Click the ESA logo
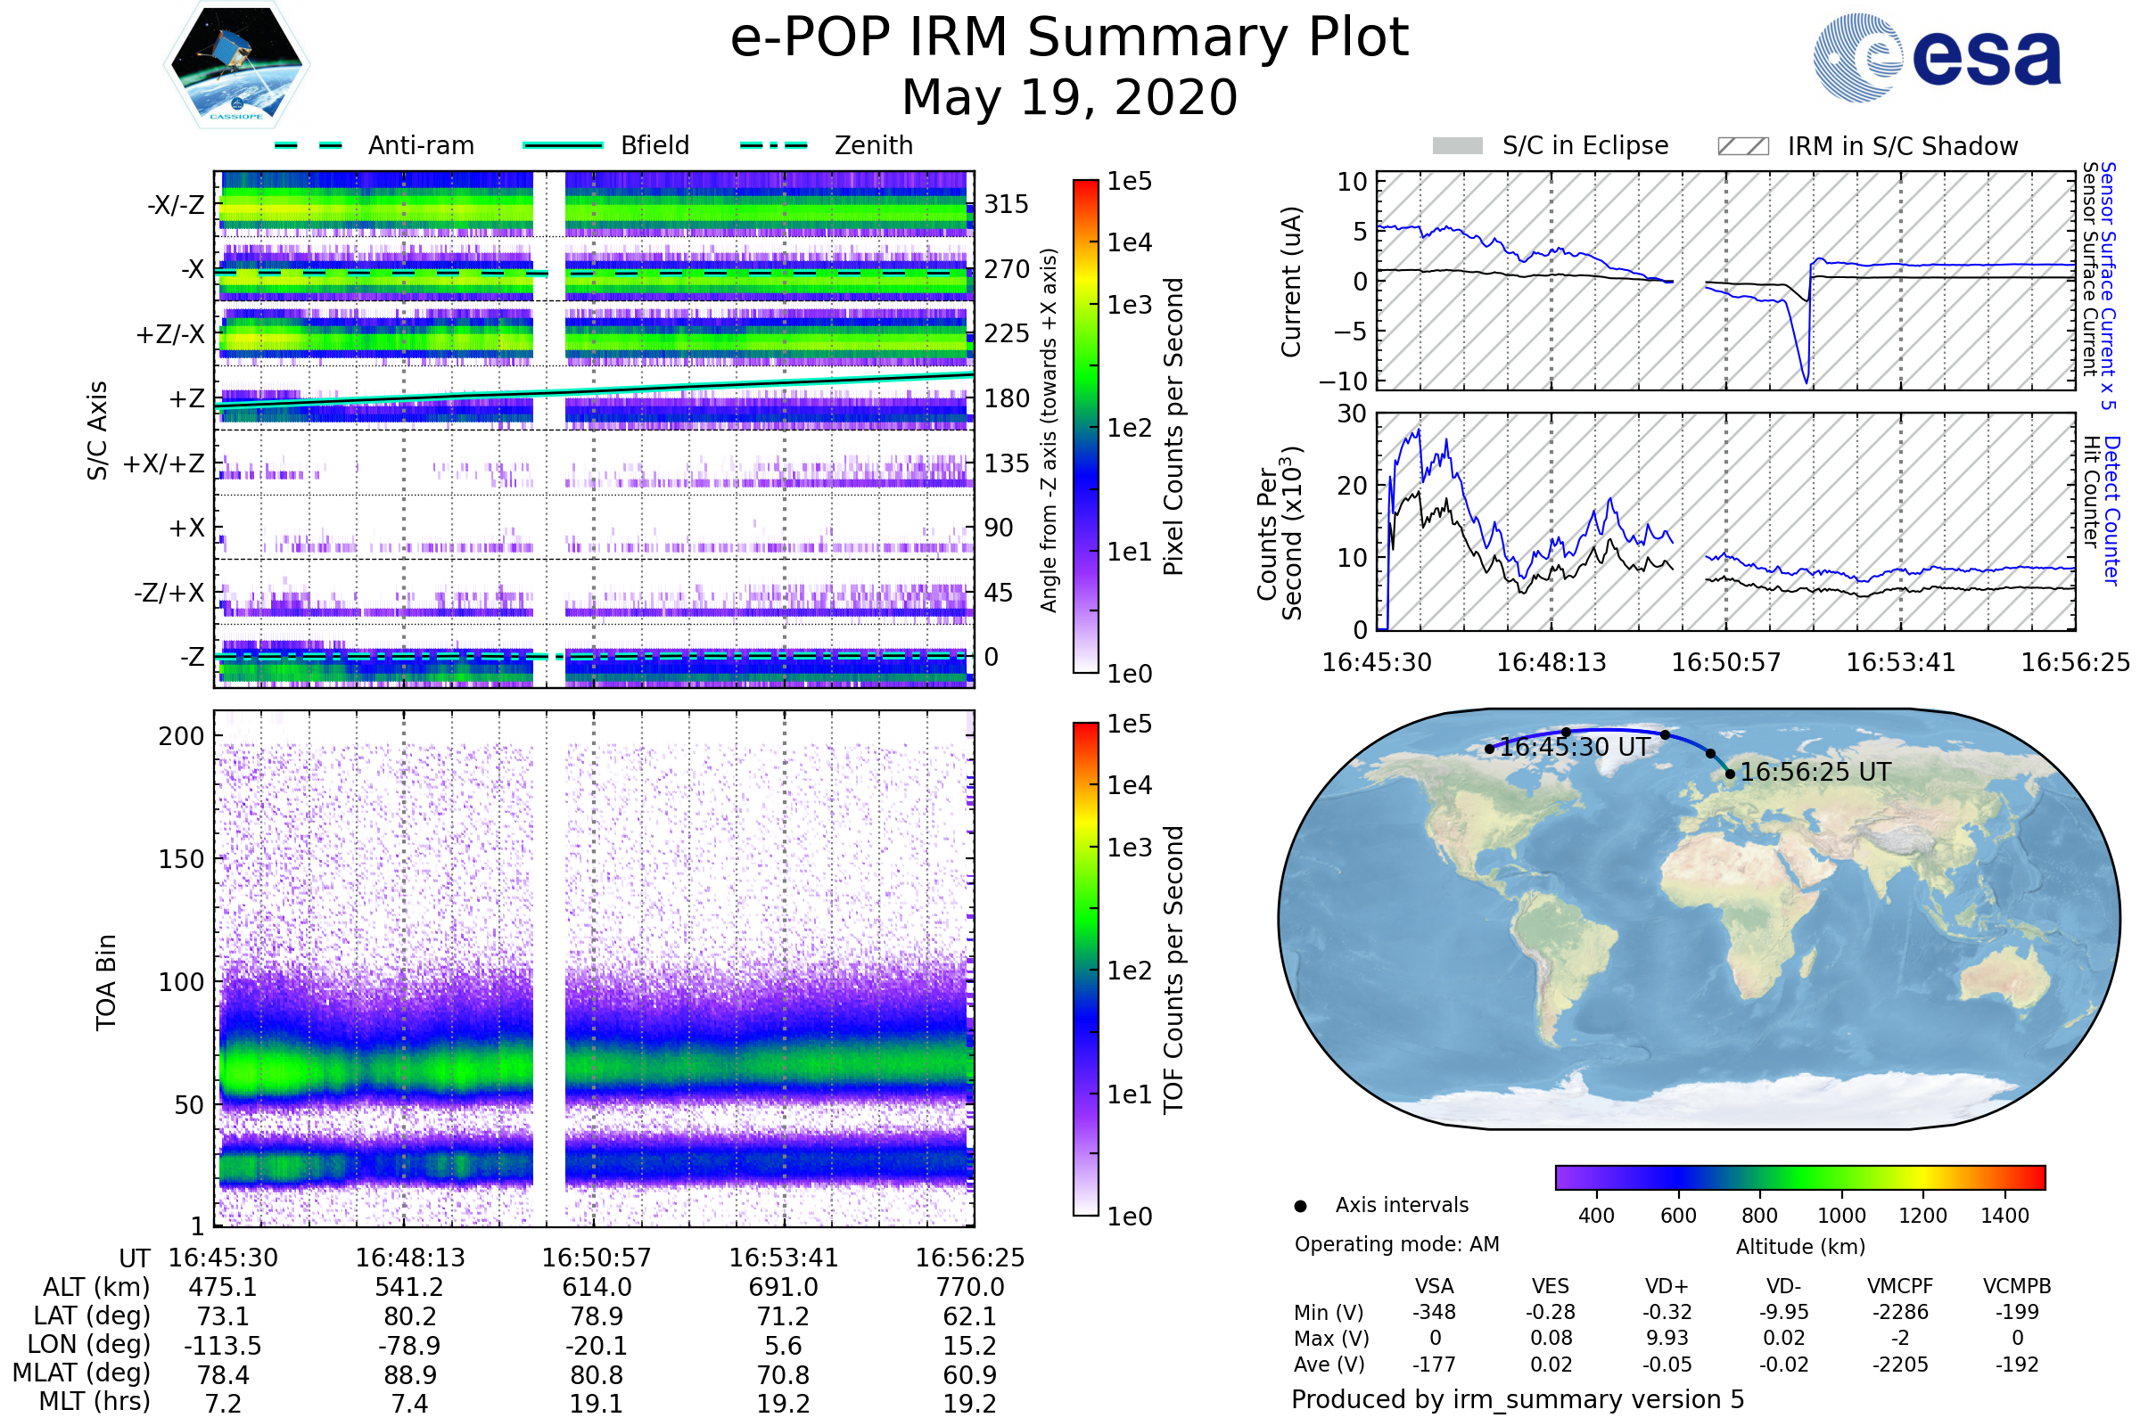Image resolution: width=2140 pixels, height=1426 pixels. [1937, 57]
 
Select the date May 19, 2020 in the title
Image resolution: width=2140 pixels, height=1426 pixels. [1069, 97]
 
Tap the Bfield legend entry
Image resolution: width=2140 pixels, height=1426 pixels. [654, 145]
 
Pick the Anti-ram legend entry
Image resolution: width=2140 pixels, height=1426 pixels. [420, 145]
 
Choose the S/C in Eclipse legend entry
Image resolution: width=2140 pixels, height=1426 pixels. [1584, 145]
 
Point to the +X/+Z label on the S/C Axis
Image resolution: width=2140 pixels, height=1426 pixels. [164, 463]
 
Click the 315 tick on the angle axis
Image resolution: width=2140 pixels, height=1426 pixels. [1006, 205]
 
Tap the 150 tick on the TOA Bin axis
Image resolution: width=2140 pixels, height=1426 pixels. [181, 859]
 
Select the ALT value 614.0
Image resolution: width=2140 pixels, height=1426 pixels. [596, 1287]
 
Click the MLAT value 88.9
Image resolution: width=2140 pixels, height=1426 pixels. [409, 1374]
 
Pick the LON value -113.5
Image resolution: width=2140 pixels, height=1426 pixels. [223, 1345]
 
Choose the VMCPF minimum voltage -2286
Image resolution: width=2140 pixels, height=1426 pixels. [1900, 1312]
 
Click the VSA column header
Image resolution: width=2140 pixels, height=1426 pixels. [1434, 1286]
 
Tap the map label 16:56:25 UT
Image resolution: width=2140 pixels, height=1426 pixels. [1815, 772]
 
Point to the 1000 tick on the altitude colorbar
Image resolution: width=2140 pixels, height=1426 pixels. [1840, 1216]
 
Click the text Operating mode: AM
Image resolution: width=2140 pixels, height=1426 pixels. [1396, 1244]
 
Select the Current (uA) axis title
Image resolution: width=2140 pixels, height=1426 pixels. [1291, 282]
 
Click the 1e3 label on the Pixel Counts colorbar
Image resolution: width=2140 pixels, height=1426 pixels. [1129, 305]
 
